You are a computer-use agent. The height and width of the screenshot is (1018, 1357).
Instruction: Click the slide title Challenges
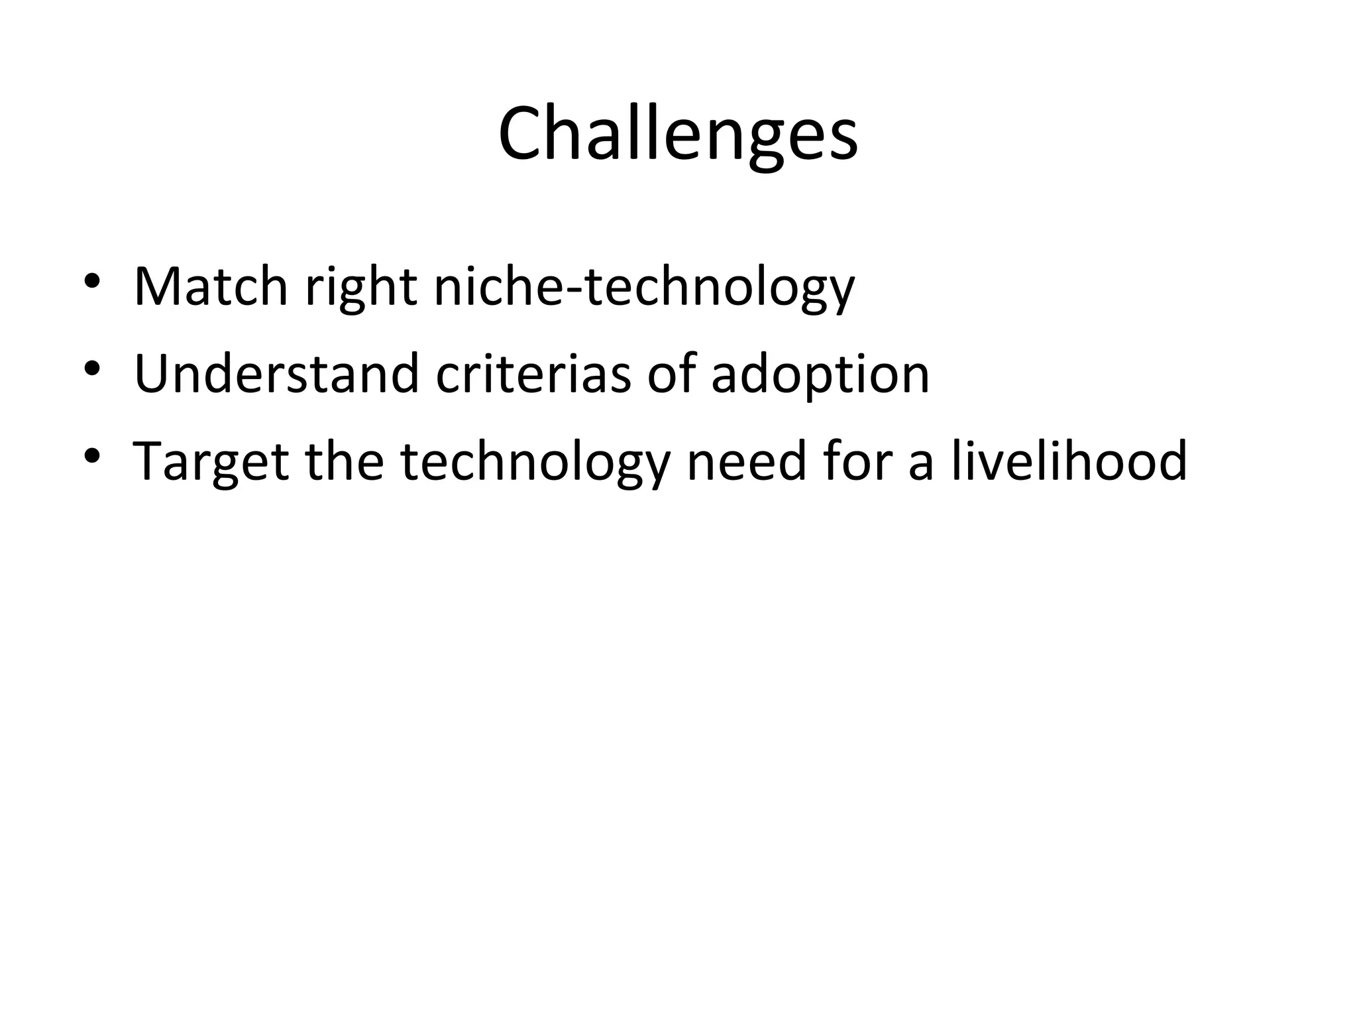click(x=678, y=135)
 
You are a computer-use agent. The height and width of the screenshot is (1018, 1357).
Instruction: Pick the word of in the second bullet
click(x=671, y=374)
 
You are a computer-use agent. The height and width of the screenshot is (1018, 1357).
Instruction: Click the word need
click(x=746, y=461)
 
